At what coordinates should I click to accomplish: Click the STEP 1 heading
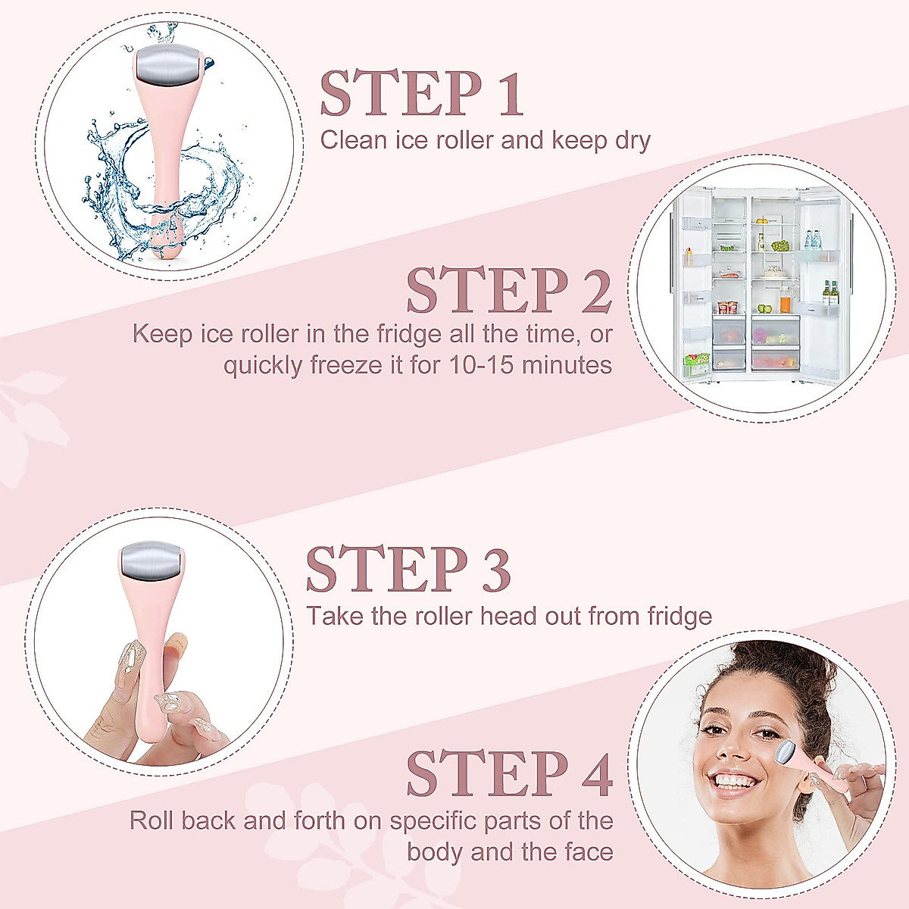click(x=422, y=94)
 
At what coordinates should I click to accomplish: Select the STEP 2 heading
click(x=508, y=290)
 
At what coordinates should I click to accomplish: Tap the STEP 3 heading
click(x=408, y=569)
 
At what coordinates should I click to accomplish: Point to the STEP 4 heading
click(x=508, y=773)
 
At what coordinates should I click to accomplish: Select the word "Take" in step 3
click(x=334, y=616)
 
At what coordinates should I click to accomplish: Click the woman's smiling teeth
click(x=733, y=781)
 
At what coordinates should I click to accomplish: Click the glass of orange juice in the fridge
click(x=785, y=301)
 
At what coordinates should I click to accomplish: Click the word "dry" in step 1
click(x=633, y=140)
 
